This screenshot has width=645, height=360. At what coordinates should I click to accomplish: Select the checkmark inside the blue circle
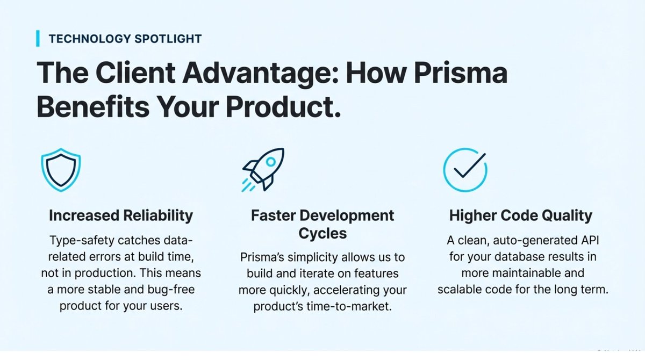click(465, 168)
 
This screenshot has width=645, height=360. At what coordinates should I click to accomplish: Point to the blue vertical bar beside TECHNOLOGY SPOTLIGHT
click(38, 39)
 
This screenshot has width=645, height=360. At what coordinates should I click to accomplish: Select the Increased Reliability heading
click(120, 215)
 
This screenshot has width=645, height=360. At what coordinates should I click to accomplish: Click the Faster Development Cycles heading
click(322, 225)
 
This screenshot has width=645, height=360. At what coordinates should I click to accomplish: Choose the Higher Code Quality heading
click(520, 215)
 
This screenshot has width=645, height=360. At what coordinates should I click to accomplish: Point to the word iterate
click(309, 274)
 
